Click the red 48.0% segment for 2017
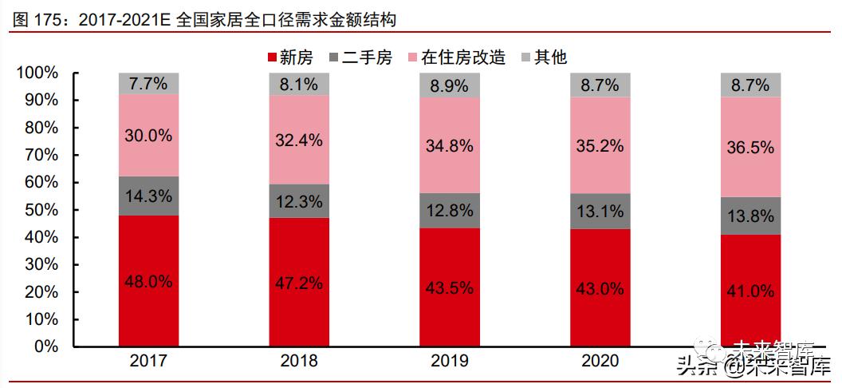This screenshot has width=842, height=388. [148, 281]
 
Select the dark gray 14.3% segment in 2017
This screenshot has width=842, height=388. [148, 196]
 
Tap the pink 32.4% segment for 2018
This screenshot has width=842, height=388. [299, 141]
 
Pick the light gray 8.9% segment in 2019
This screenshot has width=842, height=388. [450, 85]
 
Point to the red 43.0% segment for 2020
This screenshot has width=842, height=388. [600, 288]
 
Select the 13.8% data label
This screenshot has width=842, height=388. [750, 215]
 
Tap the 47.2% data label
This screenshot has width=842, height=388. [299, 283]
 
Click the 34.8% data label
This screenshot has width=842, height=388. [450, 145]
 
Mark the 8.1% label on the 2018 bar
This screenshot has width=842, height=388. [299, 83]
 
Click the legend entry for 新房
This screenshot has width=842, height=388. [286, 57]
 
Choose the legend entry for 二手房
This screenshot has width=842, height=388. [360, 57]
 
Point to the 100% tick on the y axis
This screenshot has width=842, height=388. [37, 73]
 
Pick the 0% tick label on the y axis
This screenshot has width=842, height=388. [45, 347]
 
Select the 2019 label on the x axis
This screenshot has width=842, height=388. [450, 361]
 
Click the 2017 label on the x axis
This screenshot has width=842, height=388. [148, 361]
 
